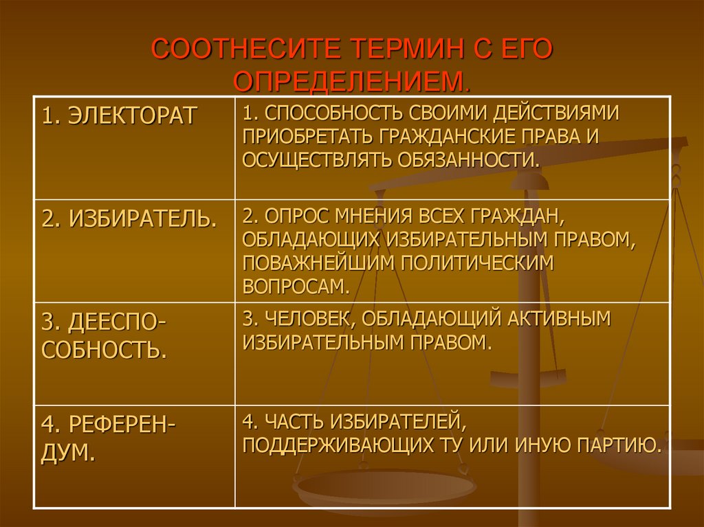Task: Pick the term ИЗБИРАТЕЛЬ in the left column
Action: pyautogui.click(x=128, y=219)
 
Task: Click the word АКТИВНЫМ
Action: pyautogui.click(x=560, y=319)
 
